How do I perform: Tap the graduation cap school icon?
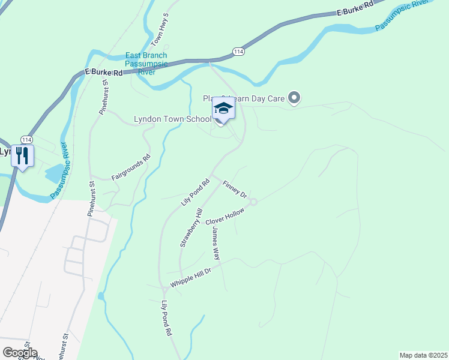(x=223, y=109)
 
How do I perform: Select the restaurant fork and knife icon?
(x=23, y=156)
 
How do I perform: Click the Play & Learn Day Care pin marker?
(x=294, y=97)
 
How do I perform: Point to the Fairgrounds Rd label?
(x=131, y=169)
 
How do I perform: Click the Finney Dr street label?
(x=235, y=190)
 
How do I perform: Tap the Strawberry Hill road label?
(x=191, y=229)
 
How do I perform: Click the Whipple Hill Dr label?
(x=191, y=277)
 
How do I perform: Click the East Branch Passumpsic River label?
(x=146, y=64)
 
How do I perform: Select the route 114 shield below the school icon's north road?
(x=239, y=52)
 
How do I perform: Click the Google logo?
(x=20, y=353)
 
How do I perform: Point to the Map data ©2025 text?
(x=423, y=355)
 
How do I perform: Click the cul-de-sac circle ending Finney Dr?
(x=253, y=202)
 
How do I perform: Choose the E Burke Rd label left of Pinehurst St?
(x=103, y=72)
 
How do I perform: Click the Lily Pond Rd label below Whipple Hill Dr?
(x=167, y=319)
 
